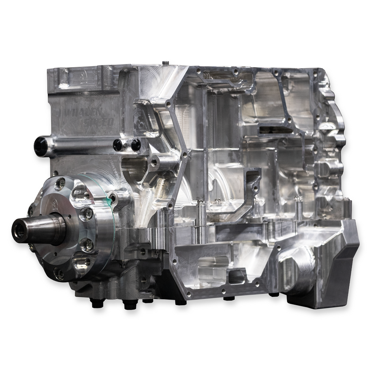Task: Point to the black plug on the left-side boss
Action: (40, 147)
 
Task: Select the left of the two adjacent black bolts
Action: (118, 145)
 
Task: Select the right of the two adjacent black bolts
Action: (135, 145)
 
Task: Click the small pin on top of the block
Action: (166, 61)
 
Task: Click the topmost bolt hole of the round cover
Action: (60, 184)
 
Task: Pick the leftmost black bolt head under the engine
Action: (97, 303)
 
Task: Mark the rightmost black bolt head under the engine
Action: (274, 294)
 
